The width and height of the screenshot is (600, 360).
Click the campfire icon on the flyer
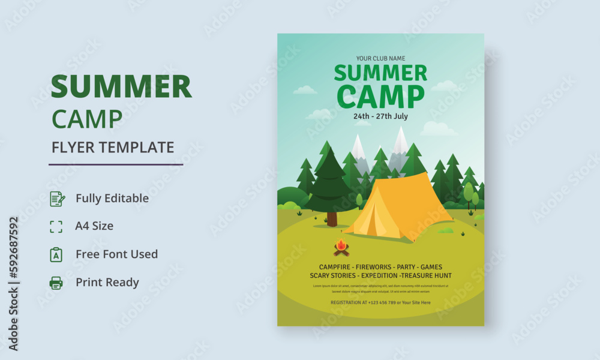[341, 247]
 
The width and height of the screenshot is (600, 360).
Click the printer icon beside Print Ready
[56, 283]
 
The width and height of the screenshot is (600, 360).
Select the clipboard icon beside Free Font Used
[56, 254]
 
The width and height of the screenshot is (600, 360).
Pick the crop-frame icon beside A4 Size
[56, 226]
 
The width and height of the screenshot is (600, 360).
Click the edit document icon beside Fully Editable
[56, 199]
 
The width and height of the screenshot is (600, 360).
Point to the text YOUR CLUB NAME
[380, 58]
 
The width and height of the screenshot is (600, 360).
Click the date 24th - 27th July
[380, 116]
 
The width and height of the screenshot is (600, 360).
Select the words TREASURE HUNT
[427, 275]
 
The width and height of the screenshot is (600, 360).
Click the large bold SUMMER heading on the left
[121, 87]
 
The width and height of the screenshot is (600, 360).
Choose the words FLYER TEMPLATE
[113, 147]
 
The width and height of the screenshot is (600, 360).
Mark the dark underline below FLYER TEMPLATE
[116, 164]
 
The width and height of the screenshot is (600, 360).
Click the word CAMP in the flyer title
[380, 97]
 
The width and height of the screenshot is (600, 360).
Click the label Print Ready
[107, 283]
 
